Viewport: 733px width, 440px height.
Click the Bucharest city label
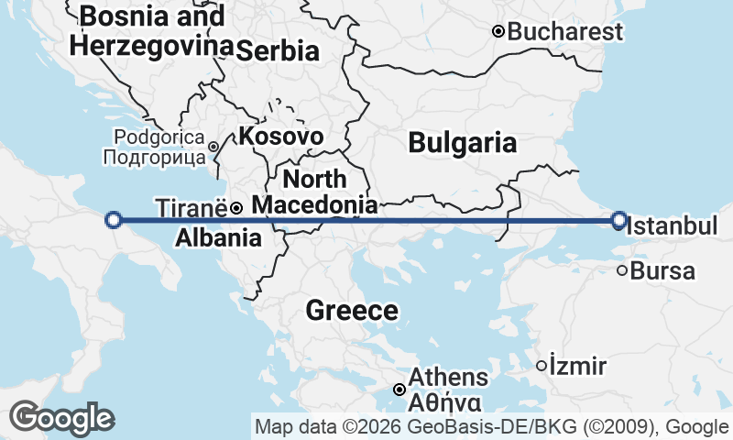pyautogui.click(x=564, y=32)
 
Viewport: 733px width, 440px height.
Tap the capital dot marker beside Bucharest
pyautogui.click(x=498, y=31)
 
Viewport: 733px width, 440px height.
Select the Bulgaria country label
pyautogui.click(x=462, y=143)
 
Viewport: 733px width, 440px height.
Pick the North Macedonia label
pyautogui.click(x=314, y=192)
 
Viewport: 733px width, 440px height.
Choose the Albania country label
pyautogui.click(x=217, y=238)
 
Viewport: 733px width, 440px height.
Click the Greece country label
pyautogui.click(x=352, y=311)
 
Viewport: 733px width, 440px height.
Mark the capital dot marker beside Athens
pyautogui.click(x=399, y=390)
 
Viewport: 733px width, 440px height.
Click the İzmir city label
pyautogui.click(x=578, y=367)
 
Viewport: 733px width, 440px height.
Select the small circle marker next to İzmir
pyautogui.click(x=542, y=366)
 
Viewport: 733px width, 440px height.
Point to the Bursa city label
pyautogui.click(x=662, y=271)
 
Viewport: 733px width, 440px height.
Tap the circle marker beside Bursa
pyautogui.click(x=622, y=270)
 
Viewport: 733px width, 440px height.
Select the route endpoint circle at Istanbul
pyautogui.click(x=619, y=220)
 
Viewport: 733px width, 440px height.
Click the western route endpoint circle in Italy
pyautogui.click(x=114, y=219)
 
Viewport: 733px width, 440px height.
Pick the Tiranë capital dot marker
pyautogui.click(x=235, y=208)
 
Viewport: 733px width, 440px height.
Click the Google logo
pyautogui.click(x=62, y=418)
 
